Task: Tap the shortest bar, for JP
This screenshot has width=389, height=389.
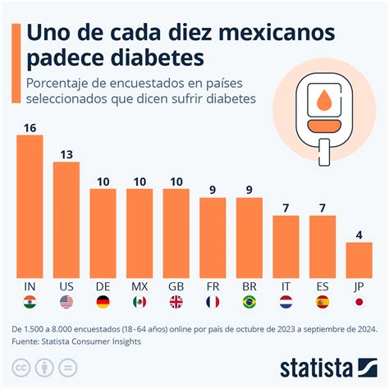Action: point(359,259)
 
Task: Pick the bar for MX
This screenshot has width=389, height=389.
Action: point(140,233)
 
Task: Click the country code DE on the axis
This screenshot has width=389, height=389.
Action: point(103,287)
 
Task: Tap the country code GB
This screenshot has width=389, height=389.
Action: point(176,287)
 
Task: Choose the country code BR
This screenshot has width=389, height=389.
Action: point(249,287)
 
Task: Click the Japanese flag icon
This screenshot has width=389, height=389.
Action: point(359,302)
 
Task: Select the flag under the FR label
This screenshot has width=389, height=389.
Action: point(213,302)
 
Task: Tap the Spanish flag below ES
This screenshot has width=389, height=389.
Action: point(323,302)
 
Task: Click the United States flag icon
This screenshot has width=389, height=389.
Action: point(66,302)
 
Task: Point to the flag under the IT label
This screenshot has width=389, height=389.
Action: point(286,302)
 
